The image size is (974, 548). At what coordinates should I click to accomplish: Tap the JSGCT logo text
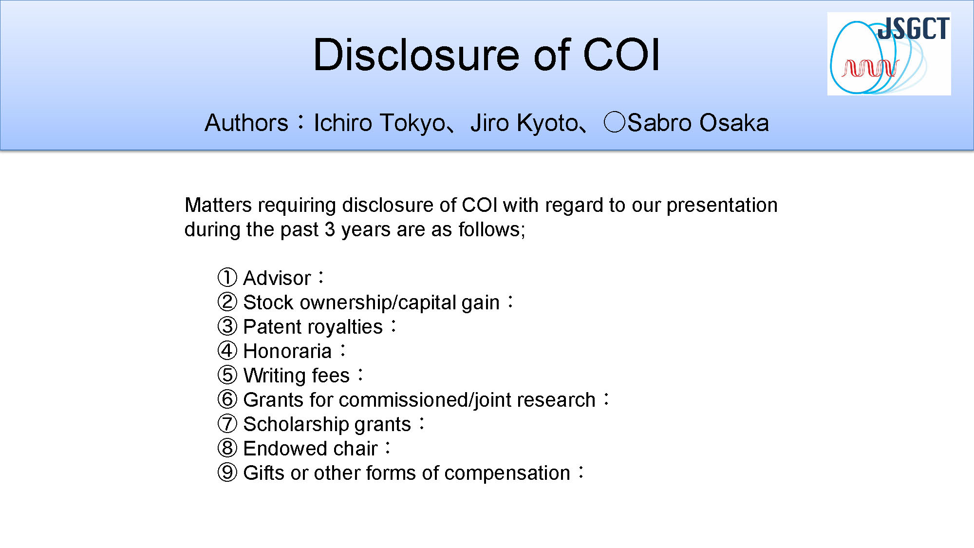click(x=914, y=28)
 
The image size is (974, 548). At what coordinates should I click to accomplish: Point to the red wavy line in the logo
click(x=870, y=68)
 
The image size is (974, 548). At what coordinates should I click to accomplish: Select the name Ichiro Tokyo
click(x=379, y=123)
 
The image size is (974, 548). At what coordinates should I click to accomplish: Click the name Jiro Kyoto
click(x=524, y=123)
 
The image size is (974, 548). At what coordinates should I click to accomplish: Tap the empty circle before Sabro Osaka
click(x=614, y=122)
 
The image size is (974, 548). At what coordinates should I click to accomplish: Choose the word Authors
click(x=246, y=123)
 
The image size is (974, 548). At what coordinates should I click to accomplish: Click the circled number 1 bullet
click(x=227, y=278)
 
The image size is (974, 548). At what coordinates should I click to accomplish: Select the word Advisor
click(x=277, y=278)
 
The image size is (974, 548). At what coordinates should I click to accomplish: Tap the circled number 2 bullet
click(x=227, y=302)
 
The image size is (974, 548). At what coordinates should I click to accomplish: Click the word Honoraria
click(x=287, y=351)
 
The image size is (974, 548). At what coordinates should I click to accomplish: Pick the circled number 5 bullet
click(x=227, y=375)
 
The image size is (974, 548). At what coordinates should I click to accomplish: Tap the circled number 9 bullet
click(x=227, y=472)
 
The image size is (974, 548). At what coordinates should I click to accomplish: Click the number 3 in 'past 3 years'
click(x=330, y=229)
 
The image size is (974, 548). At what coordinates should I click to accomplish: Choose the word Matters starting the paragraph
click(x=218, y=205)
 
